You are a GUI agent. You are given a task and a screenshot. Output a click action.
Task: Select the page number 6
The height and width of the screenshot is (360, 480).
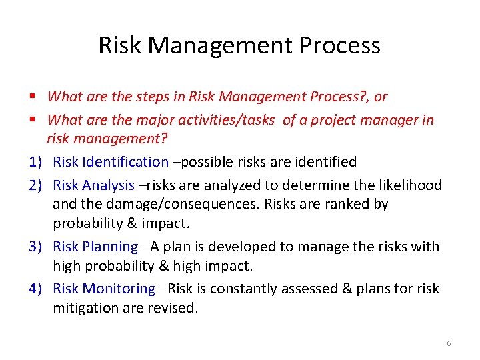click(x=449, y=343)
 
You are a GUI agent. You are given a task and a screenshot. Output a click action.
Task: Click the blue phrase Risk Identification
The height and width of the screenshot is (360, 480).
click(x=111, y=162)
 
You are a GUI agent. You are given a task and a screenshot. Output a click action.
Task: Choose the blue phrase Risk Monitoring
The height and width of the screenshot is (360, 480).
click(x=104, y=289)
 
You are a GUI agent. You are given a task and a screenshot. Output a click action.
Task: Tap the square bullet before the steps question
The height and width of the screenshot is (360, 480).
click(x=33, y=97)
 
